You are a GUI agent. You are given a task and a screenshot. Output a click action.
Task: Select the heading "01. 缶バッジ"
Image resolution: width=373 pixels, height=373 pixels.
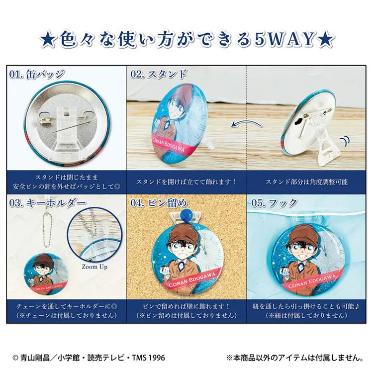(37, 74)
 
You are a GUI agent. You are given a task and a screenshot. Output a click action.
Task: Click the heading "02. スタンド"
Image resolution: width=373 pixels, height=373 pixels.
(159, 74)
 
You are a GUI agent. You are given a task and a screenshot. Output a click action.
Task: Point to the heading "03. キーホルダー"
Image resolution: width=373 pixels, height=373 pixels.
(48, 203)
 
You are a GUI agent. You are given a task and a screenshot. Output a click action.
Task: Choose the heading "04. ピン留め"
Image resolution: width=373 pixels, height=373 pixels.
(159, 203)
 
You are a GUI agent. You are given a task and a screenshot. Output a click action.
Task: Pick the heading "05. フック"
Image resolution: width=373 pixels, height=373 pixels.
(274, 203)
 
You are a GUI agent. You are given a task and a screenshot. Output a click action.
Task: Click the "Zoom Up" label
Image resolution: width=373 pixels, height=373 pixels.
(94, 267)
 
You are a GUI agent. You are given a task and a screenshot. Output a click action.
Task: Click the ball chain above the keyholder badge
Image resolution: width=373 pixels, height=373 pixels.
(47, 230)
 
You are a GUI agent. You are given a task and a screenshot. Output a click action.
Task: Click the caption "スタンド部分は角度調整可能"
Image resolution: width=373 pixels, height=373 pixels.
(306, 182)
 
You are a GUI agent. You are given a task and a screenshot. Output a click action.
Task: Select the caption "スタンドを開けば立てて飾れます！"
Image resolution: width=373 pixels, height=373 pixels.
(186, 182)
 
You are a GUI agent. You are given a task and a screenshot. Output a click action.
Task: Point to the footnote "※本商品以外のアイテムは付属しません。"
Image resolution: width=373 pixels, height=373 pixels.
(295, 358)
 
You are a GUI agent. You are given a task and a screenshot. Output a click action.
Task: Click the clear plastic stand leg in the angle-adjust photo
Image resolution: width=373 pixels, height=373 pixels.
(328, 148)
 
